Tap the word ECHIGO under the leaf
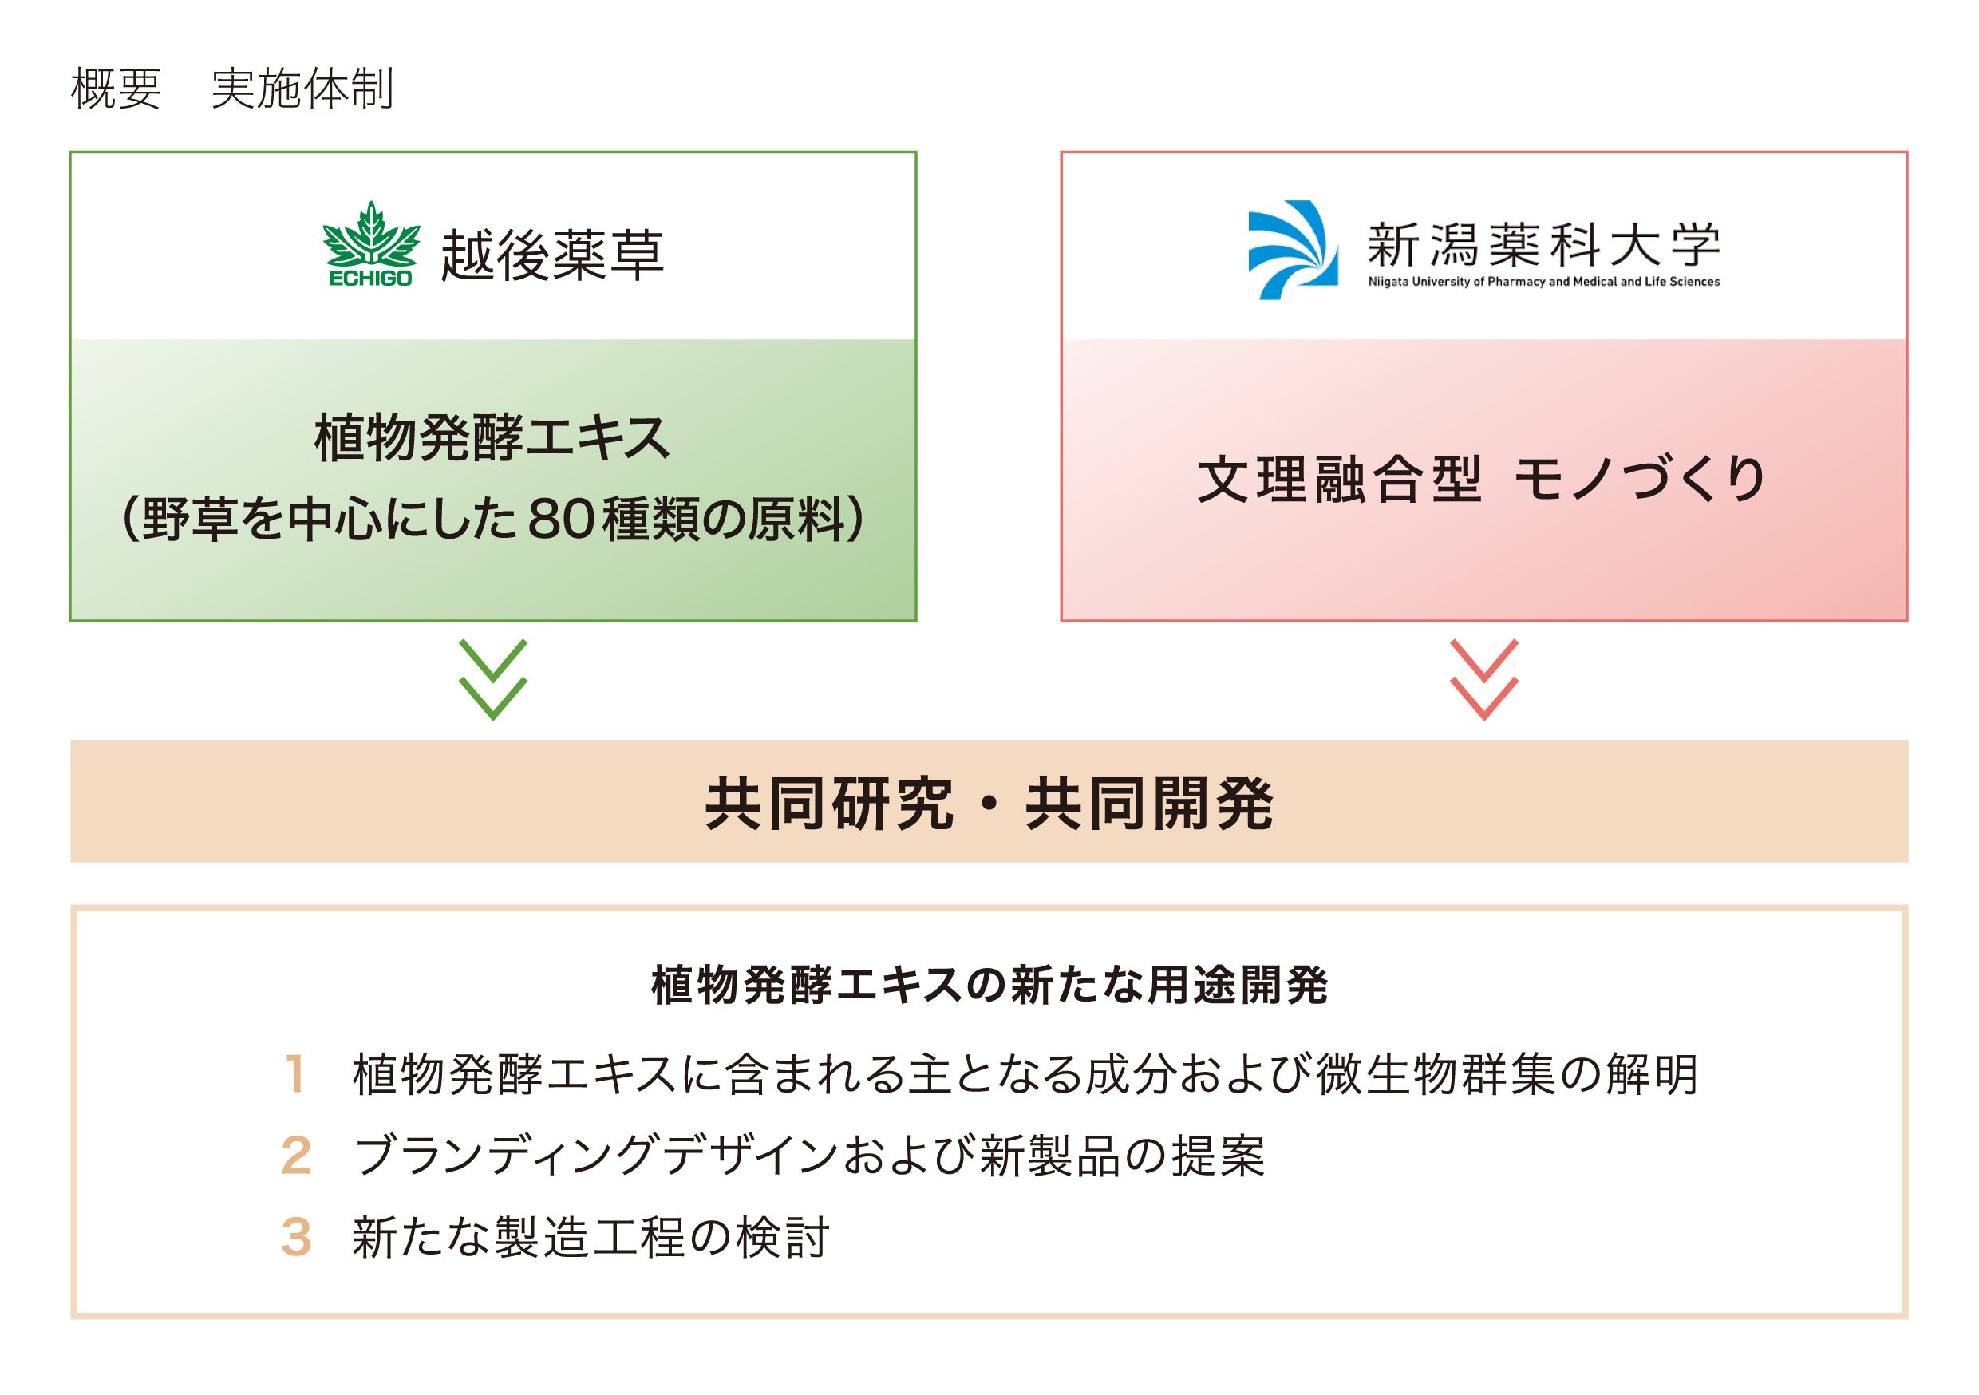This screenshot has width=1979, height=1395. click(x=370, y=279)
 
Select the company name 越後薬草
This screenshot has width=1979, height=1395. click(x=552, y=255)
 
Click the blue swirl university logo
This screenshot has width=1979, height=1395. click(x=1293, y=250)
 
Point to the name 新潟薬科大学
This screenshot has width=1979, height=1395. click(x=1543, y=245)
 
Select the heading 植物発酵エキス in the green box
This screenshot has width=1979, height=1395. click(x=492, y=439)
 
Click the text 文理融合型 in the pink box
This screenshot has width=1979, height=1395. click(x=1338, y=480)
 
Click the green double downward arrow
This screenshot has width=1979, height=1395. click(x=493, y=679)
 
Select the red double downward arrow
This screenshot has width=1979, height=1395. click(x=1483, y=679)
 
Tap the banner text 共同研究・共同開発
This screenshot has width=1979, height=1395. click(x=989, y=803)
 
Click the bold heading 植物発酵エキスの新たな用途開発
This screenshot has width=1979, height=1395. click(x=989, y=986)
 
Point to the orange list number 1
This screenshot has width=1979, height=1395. click(x=295, y=1075)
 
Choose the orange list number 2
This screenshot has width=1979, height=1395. click(x=295, y=1156)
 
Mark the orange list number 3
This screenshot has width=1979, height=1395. click(x=295, y=1237)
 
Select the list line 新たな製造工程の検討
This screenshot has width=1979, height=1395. click(x=591, y=1237)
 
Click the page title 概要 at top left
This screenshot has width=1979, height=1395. click(x=116, y=89)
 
